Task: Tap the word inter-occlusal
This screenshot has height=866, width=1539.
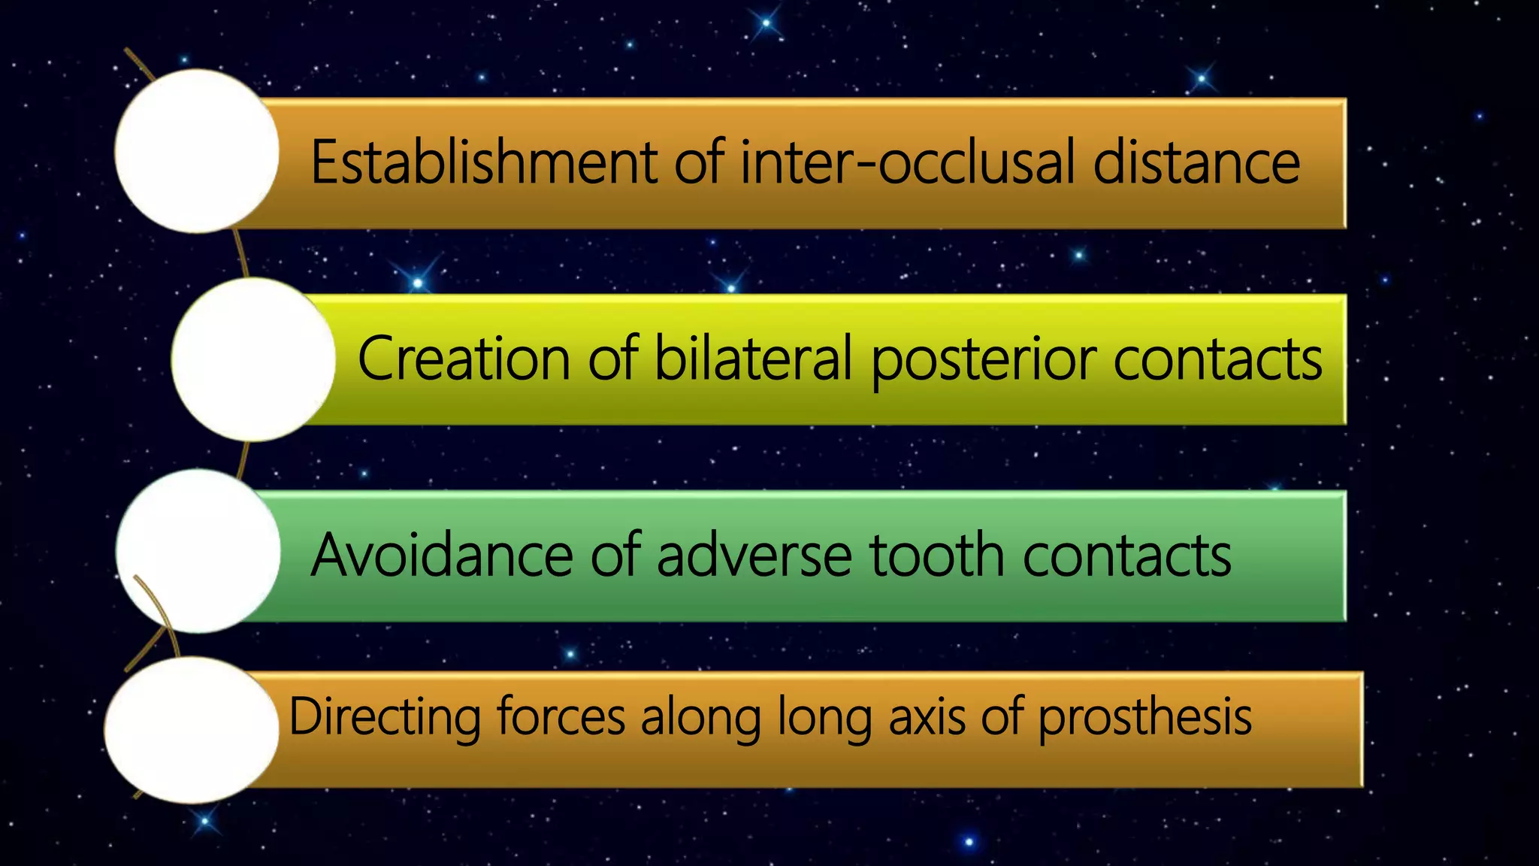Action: [x=908, y=162]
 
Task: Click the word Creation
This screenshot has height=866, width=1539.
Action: [x=464, y=359]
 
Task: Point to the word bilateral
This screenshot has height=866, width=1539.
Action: [x=753, y=359]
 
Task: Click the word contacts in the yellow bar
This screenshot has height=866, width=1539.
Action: [x=1217, y=359]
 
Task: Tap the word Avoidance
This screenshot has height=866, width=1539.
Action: [x=442, y=556]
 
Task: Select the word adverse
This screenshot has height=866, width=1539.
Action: [x=754, y=556]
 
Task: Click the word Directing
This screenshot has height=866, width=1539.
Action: [x=384, y=717]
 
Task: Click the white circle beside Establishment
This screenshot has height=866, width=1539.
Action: [x=197, y=151]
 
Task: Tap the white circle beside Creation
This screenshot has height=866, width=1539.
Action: [x=253, y=359]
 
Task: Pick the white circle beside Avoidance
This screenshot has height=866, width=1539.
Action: [x=198, y=551]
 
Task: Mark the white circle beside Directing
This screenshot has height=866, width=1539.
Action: [x=192, y=730]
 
